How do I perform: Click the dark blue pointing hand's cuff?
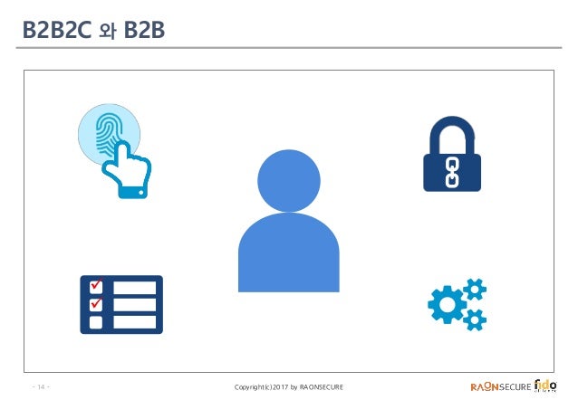[132, 191]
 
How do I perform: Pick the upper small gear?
[475, 290]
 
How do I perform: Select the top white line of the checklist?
[134, 288]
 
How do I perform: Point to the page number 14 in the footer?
[42, 388]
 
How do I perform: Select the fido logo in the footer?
[547, 386]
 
